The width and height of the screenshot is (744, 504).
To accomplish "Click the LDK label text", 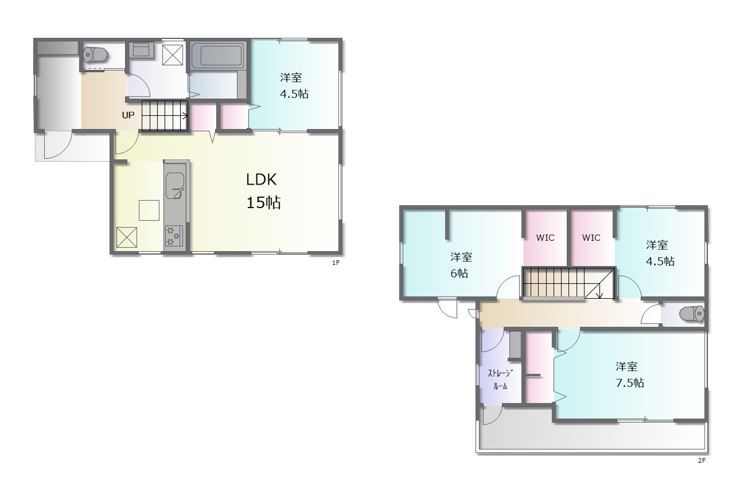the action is (x=262, y=180).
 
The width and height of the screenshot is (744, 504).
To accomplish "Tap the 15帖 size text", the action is (x=263, y=202).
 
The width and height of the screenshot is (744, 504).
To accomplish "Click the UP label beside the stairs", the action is (x=128, y=115).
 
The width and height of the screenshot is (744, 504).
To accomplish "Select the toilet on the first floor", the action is (x=95, y=55).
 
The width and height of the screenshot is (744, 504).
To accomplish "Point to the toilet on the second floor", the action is (x=692, y=314).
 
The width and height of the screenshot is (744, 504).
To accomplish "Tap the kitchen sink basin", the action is (x=175, y=185).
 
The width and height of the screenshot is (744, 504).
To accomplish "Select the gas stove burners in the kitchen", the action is (x=174, y=235).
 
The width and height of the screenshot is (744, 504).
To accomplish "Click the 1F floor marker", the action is (x=336, y=263).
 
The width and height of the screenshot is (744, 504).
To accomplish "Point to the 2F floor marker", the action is (x=702, y=460).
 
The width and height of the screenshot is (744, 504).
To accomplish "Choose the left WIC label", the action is (x=545, y=238).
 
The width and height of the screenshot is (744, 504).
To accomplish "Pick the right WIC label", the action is (x=591, y=238).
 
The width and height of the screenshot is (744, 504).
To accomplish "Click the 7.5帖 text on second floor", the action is (x=629, y=383).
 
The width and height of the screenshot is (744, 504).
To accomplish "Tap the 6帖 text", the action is (x=459, y=273).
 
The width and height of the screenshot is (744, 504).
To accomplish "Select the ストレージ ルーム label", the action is (x=500, y=380).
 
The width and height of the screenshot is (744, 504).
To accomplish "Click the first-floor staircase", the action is (x=165, y=116).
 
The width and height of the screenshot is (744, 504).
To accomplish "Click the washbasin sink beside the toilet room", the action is (x=141, y=50).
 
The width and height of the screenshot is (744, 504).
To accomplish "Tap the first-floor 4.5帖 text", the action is (x=294, y=94).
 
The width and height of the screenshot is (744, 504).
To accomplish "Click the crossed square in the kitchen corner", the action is (x=127, y=237).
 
